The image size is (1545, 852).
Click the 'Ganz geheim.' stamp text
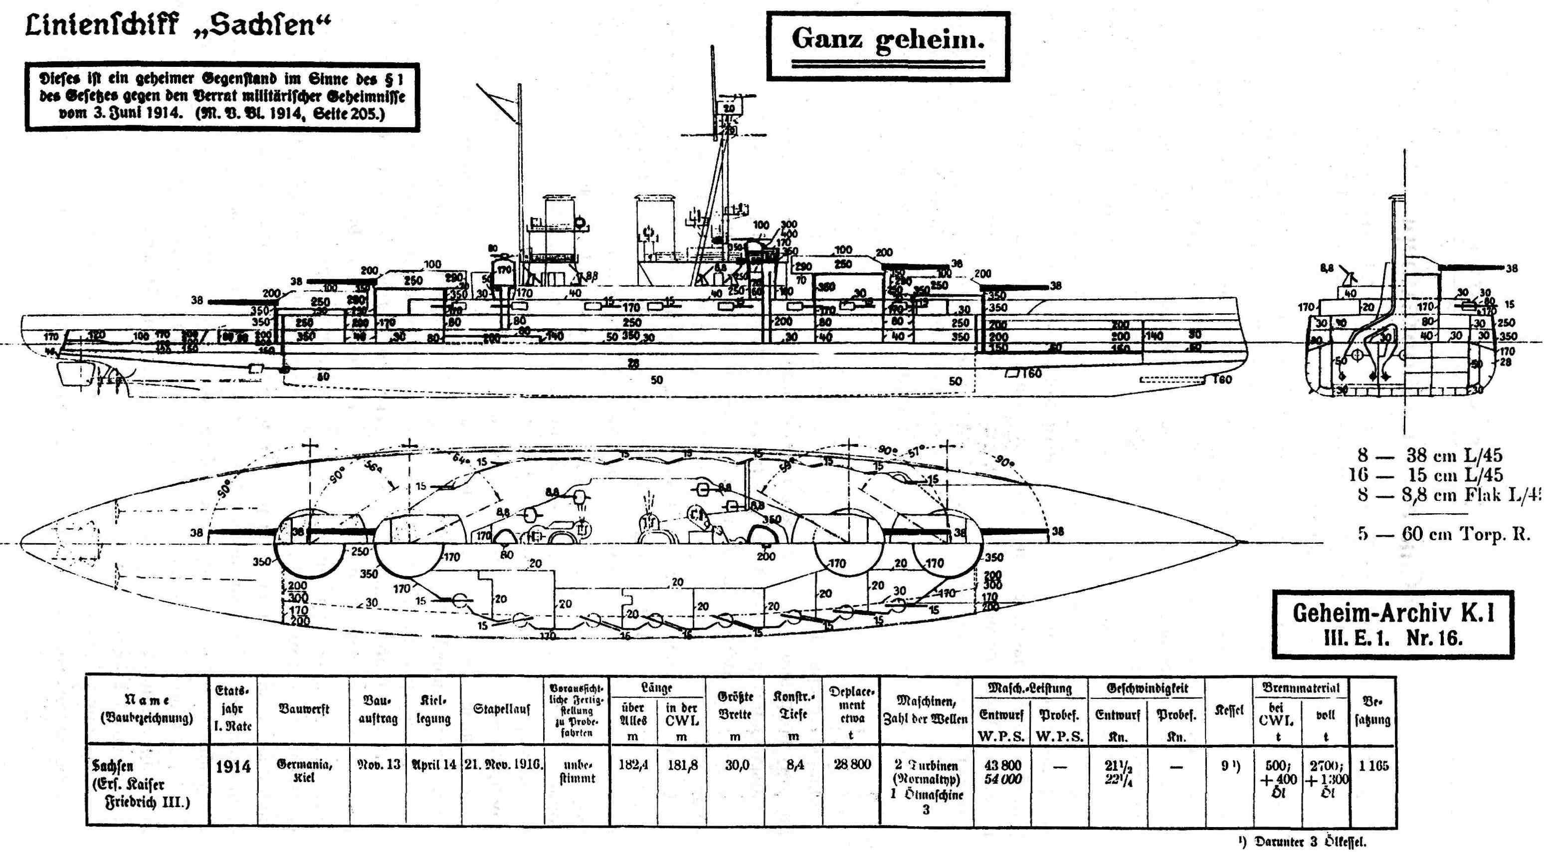(x=888, y=39)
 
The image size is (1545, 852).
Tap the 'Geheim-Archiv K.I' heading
(x=1393, y=613)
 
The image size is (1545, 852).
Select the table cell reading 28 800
(x=852, y=765)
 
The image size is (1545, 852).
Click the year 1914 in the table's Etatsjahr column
(x=233, y=767)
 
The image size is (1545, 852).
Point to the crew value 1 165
(x=1373, y=766)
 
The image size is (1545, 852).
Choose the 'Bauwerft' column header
(x=304, y=709)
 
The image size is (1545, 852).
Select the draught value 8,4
(x=794, y=765)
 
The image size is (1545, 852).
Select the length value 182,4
(x=633, y=765)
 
